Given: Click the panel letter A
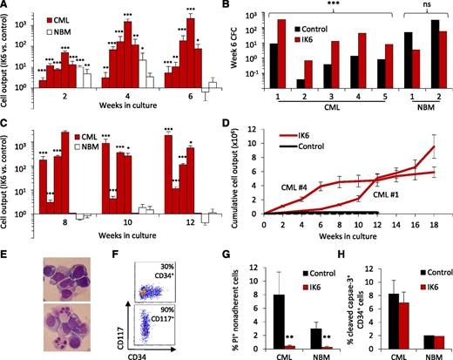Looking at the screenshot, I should [6, 6].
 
